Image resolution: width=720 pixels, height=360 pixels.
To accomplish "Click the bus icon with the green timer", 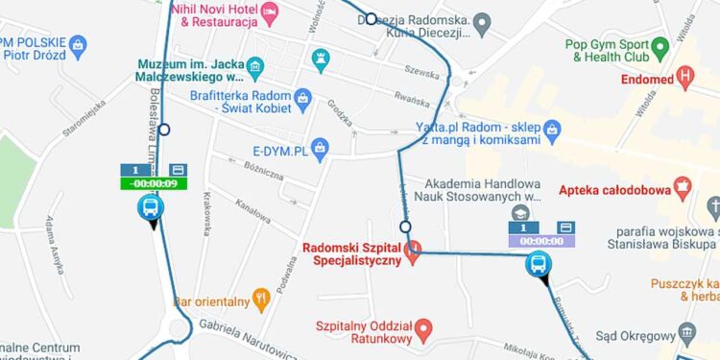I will click(x=151, y=206).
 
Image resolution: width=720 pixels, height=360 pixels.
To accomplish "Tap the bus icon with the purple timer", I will click(x=540, y=264).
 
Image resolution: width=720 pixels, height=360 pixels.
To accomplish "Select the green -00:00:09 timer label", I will click(x=154, y=183).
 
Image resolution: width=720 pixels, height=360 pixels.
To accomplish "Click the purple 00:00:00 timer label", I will click(x=541, y=241).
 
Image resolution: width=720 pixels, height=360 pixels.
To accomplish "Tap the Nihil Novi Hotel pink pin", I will click(x=271, y=13).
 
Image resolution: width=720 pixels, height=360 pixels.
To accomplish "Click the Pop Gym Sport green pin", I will click(x=660, y=46).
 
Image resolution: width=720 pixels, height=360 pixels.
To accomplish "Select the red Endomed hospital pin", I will click(x=684, y=76).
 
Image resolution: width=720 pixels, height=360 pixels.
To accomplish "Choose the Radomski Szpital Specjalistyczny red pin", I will click(x=413, y=253).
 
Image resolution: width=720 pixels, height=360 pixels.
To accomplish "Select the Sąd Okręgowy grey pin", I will click(x=686, y=334).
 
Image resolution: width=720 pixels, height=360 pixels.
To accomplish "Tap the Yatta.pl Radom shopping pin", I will click(x=551, y=128).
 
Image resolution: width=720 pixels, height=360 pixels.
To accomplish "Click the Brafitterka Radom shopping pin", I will click(x=302, y=97).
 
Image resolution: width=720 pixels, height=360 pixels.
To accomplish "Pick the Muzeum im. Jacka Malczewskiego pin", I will click(x=254, y=67).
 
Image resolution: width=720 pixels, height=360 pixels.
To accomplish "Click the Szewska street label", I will click(x=421, y=70).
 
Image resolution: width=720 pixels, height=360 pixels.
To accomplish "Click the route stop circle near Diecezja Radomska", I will click(x=371, y=18).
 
